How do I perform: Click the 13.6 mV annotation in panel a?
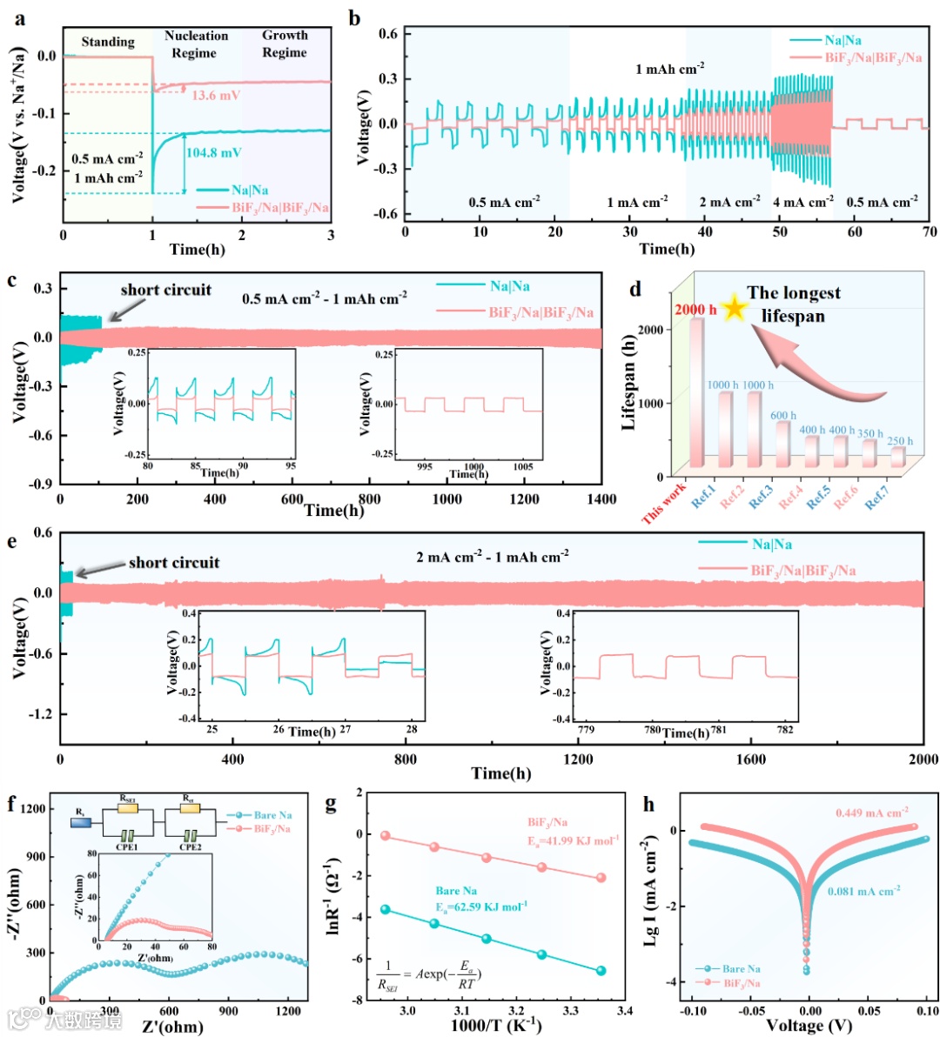coord(216,96)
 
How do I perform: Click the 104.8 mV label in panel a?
coord(213,153)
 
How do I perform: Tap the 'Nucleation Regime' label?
coord(196,44)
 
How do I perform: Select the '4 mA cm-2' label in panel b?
coord(802,203)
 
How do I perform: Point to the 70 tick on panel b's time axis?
coord(930,232)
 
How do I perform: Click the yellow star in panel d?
coord(734,307)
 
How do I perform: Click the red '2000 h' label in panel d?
coord(695,310)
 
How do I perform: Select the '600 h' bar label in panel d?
coord(783,416)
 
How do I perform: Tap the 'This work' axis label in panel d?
coord(665,505)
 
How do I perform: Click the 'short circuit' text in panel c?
coord(165,291)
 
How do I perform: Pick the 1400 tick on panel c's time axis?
coord(600,499)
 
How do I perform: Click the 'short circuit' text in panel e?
coord(174,563)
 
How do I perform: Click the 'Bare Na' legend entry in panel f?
coord(272,815)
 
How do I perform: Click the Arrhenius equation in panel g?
coord(429,979)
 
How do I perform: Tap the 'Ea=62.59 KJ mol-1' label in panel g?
coord(480,907)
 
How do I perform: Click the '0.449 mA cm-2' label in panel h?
coord(871,813)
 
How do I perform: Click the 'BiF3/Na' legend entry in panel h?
coord(742,983)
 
